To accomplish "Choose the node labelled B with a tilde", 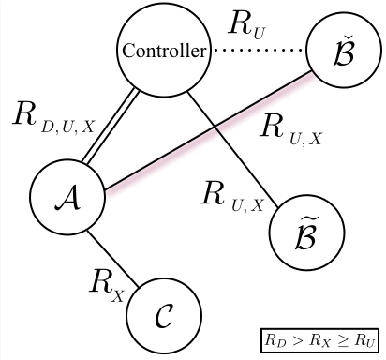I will (x=307, y=229).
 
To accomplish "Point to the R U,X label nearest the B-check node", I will (x=290, y=131).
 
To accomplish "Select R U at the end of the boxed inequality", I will (x=361, y=338).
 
